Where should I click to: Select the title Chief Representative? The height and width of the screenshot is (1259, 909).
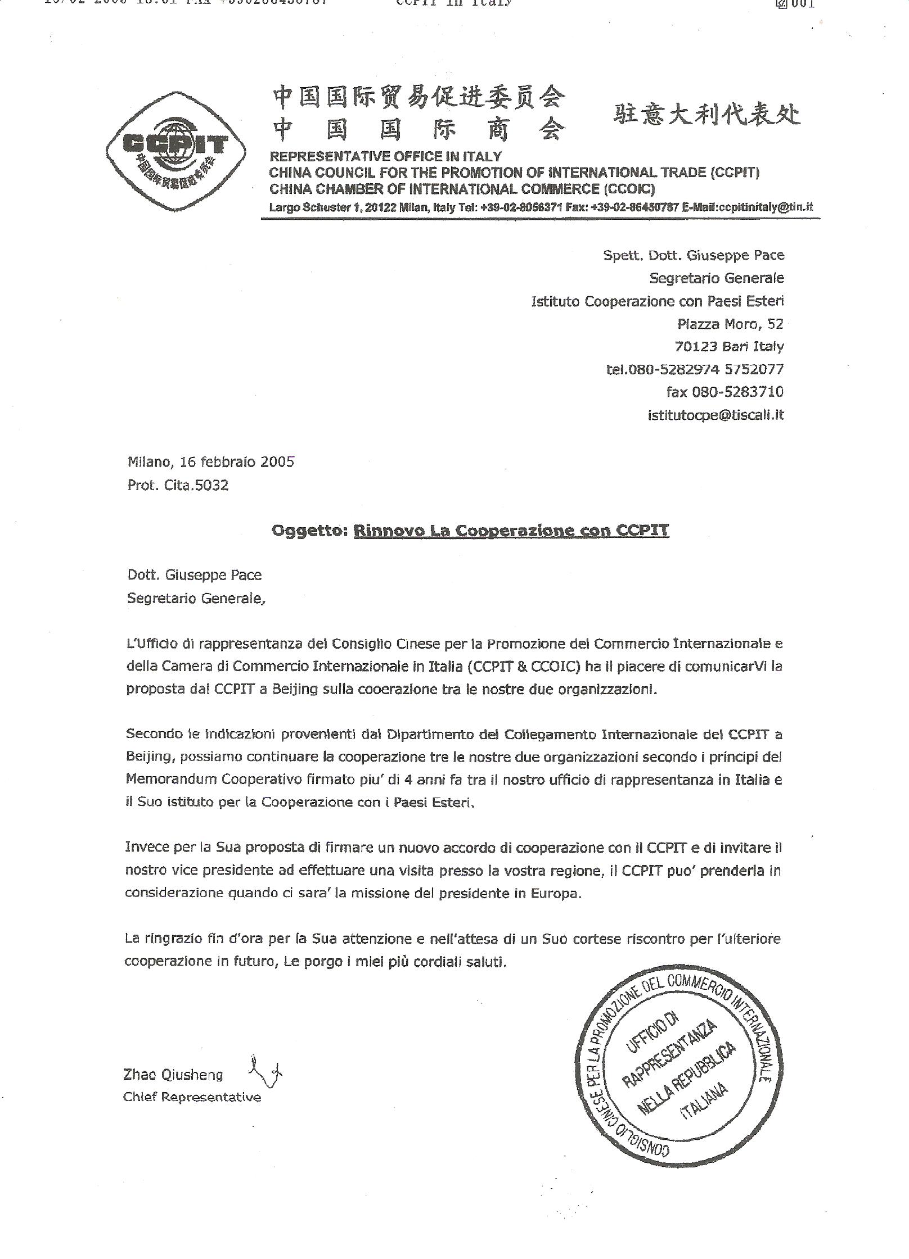[192, 1097]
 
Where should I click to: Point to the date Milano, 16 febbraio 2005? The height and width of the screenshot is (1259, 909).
[211, 462]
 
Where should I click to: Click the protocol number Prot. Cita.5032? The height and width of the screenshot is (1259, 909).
[178, 485]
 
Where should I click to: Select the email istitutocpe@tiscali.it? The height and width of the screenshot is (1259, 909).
[715, 415]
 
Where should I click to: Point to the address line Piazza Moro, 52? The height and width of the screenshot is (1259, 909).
[730, 324]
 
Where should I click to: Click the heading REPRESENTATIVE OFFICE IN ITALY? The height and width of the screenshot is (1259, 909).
[385, 156]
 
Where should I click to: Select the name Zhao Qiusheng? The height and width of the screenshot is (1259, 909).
[173, 1075]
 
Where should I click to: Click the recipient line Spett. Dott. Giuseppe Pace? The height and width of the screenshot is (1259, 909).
[694, 255]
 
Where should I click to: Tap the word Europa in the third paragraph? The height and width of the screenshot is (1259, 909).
[555, 893]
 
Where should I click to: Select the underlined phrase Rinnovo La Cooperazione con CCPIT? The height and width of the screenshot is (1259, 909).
[511, 531]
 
